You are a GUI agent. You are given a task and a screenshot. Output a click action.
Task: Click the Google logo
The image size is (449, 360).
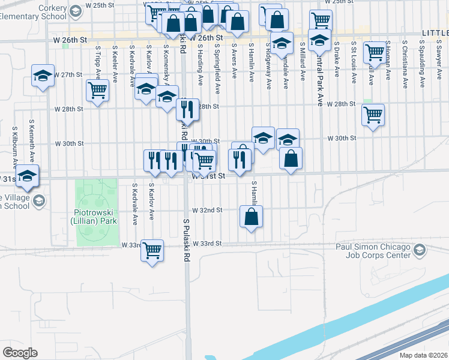point(20,353)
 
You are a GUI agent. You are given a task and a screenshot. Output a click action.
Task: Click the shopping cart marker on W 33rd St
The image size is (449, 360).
point(152,250)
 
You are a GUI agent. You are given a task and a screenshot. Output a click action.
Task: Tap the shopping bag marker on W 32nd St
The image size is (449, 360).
point(252,217)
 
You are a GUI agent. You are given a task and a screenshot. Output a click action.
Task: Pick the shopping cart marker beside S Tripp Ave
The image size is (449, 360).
point(97,90)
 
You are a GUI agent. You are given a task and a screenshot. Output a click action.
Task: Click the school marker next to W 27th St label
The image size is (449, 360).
point(43,76)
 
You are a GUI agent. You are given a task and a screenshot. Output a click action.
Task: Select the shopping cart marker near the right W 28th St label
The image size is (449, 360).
point(373,114)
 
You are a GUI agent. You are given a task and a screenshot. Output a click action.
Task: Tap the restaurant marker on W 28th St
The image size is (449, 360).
point(187,109)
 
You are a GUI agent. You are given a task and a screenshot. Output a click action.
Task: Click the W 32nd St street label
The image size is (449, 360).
point(207,211)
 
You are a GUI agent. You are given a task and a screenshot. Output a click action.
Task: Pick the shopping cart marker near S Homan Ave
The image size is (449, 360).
point(375,52)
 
